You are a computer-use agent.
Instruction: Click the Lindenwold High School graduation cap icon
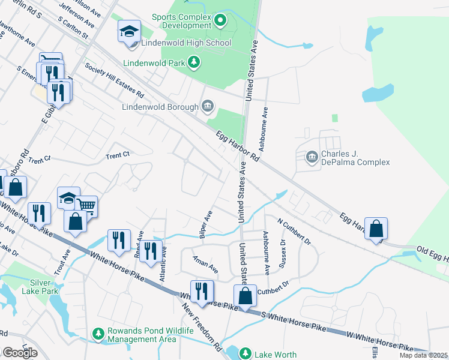pos(129,32)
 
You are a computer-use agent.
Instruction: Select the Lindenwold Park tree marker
pos(193,62)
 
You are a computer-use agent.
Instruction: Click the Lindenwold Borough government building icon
pos(207,107)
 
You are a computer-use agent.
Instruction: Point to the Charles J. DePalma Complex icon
pos(312,158)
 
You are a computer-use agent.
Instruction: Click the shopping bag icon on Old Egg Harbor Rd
pos(376,229)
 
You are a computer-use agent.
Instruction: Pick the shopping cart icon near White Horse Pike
pos(86,206)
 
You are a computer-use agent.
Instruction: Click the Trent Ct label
pos(118,155)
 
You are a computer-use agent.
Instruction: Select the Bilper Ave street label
pos(205,223)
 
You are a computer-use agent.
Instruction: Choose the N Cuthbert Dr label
pos(294,231)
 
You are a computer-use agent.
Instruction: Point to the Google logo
pos(20,353)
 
